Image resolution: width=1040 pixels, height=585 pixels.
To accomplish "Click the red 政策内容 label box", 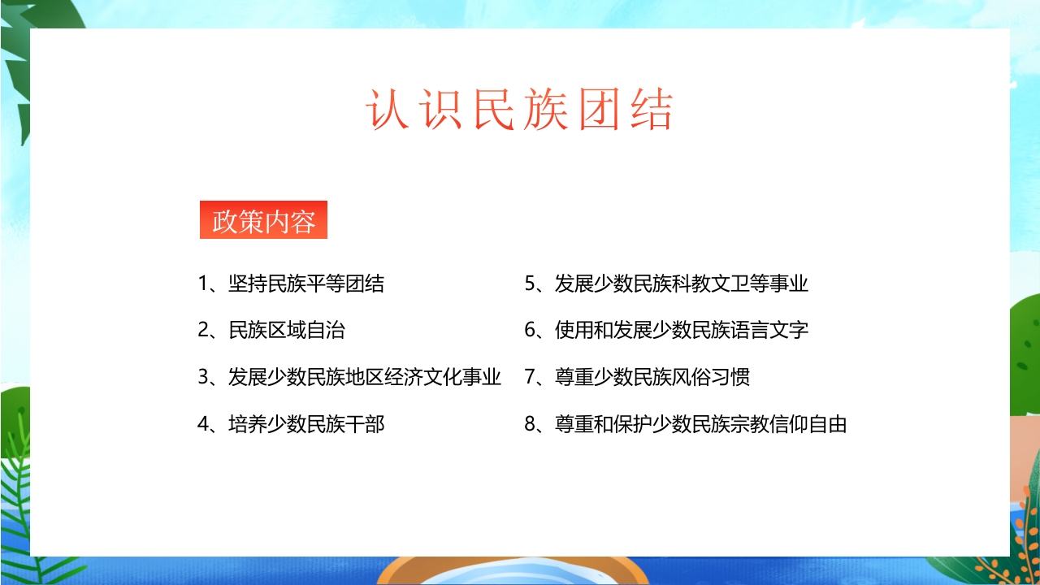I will (263, 220).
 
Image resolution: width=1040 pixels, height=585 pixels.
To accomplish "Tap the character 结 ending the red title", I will (650, 110).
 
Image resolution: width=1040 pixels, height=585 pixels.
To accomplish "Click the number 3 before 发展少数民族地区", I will (204, 377).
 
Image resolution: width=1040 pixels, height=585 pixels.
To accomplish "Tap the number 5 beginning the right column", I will (531, 284).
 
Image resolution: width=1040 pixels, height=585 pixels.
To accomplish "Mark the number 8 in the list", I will (531, 424).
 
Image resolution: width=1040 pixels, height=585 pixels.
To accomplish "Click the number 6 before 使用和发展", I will (531, 331).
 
